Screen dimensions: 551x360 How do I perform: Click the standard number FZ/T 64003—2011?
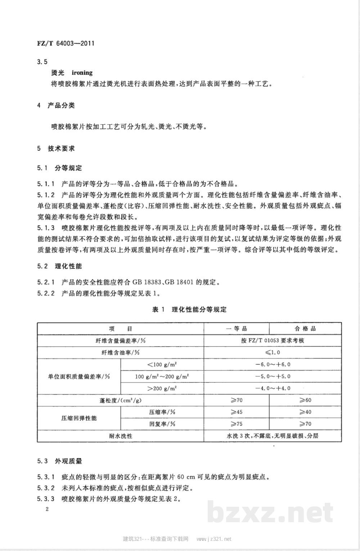66,44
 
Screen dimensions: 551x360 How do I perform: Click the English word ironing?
82,73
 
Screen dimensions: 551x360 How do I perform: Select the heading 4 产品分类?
56,105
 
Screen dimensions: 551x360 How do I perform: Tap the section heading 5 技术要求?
56,148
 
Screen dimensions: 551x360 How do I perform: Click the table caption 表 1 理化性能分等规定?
189,310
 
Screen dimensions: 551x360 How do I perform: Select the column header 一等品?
236,329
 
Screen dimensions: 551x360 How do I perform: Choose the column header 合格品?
305,329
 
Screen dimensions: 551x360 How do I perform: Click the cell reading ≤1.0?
273,352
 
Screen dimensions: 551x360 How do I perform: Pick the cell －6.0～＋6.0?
273,364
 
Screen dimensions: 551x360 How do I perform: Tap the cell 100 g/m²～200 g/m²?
162,376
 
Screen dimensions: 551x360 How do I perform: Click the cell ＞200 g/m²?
162,388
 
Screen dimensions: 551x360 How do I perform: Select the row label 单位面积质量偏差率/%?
79,376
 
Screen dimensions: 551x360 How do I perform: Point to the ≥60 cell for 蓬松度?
305,400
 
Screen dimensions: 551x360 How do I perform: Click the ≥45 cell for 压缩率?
236,412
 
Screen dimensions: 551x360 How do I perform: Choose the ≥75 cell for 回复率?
236,424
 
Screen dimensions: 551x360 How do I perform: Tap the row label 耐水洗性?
120,436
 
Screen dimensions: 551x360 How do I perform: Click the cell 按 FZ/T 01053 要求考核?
273,340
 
